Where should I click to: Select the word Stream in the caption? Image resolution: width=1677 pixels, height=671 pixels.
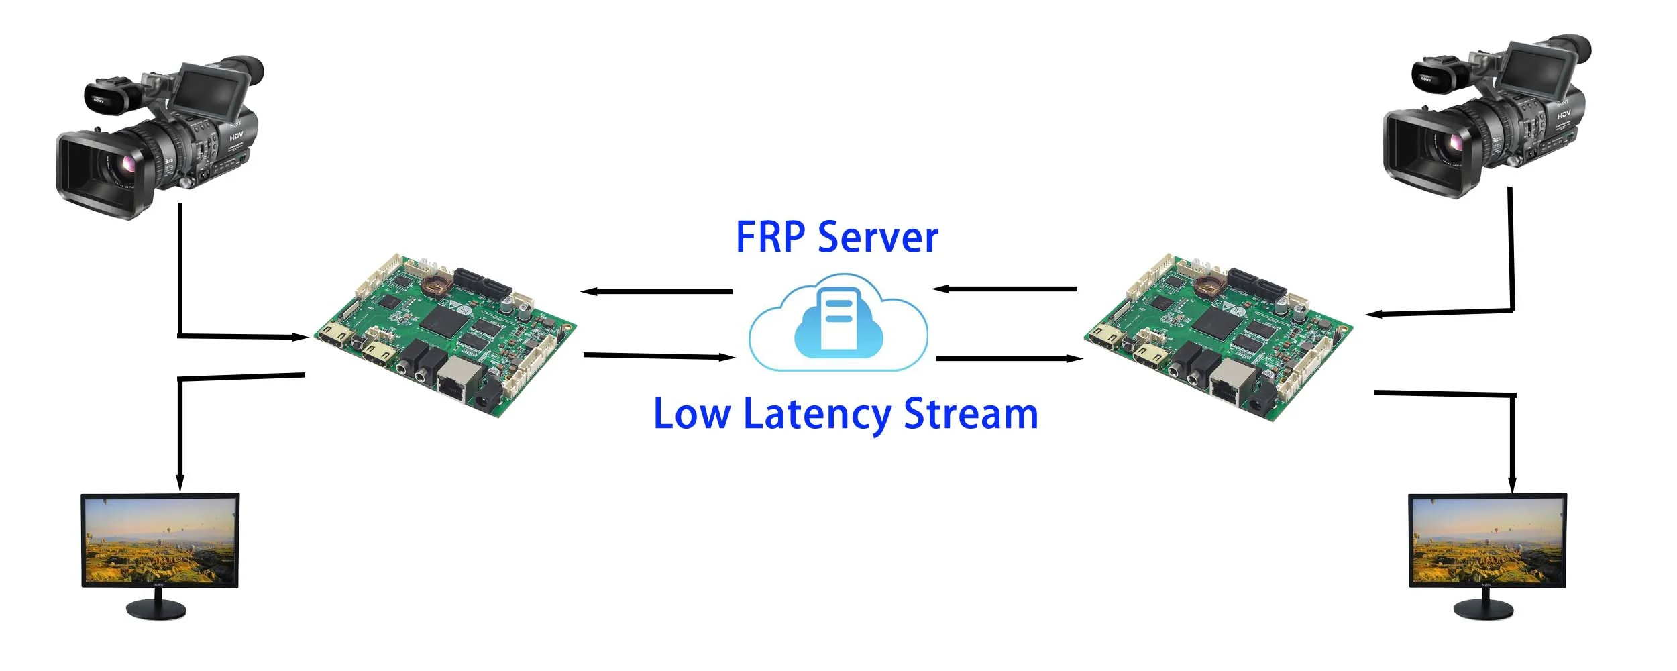(x=971, y=414)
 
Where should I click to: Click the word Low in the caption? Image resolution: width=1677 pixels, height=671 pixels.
(x=691, y=414)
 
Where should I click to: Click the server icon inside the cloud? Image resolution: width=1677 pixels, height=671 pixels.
(x=838, y=320)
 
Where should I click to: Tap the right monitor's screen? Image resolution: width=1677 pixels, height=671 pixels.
(x=1487, y=540)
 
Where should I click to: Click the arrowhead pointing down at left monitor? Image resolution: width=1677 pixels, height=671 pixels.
(x=180, y=483)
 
